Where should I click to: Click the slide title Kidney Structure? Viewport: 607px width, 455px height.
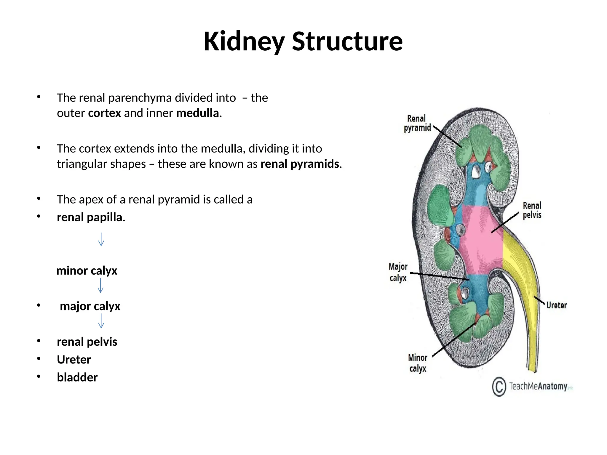(x=303, y=41)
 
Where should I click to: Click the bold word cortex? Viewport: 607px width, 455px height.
(x=105, y=113)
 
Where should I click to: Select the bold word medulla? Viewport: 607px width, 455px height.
(x=197, y=113)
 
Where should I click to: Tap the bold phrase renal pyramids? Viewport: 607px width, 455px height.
(x=300, y=164)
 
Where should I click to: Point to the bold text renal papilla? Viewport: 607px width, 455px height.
(x=90, y=217)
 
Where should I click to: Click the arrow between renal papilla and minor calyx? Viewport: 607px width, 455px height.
(x=101, y=239)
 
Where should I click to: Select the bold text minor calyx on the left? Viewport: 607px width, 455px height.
(x=87, y=271)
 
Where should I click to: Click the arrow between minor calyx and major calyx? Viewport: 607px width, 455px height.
(x=100, y=286)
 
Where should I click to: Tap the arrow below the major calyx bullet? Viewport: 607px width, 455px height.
(x=101, y=321)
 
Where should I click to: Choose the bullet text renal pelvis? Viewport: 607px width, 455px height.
(x=87, y=342)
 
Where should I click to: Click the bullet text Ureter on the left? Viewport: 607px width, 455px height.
(x=74, y=360)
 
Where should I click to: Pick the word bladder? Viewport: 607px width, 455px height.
(x=77, y=377)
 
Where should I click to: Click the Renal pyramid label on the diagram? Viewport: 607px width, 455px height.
(x=417, y=123)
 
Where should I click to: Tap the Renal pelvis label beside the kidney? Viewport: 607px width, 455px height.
(x=532, y=210)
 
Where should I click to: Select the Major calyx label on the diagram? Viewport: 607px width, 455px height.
(x=398, y=272)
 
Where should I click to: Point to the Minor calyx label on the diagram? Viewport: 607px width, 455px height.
(x=418, y=363)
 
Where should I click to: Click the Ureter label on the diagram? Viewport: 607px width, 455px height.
(x=556, y=305)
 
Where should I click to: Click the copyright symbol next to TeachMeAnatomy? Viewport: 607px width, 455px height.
(x=499, y=387)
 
